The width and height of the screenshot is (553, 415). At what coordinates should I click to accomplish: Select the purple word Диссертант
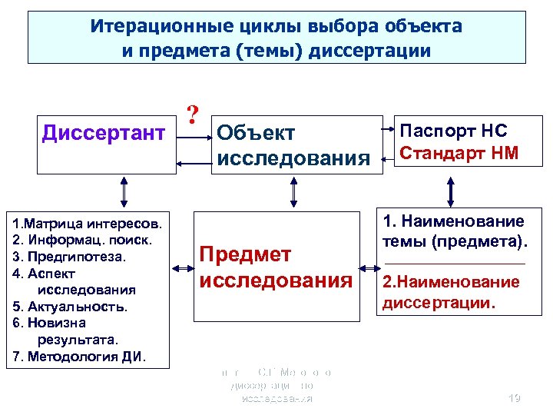pos(103,133)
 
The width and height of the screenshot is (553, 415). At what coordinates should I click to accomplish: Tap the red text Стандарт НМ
pos(459,153)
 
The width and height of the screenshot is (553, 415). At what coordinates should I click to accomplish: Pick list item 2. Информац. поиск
pos(82,240)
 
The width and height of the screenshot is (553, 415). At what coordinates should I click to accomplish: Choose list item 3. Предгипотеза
pos(69,257)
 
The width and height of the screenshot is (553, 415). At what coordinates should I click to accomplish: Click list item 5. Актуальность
pos(70,307)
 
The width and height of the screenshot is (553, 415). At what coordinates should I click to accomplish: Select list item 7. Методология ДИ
pos(81,357)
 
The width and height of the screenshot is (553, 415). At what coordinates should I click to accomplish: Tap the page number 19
pos(515,398)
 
